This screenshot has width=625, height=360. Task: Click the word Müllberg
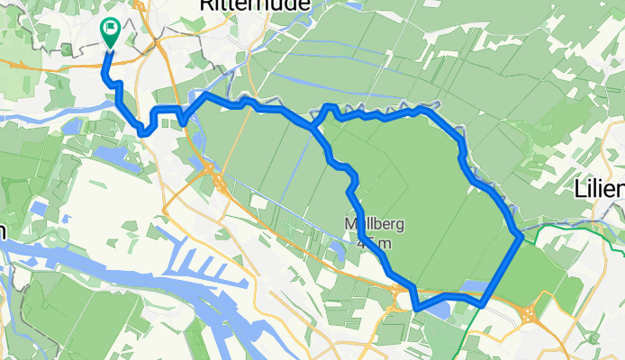coord(371,224)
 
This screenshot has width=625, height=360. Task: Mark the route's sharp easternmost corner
coord(521,236)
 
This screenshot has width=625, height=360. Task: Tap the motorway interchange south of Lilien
coord(529,314)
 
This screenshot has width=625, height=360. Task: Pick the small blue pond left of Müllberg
coord(335,247)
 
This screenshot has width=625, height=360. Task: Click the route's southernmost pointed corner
coord(417,309)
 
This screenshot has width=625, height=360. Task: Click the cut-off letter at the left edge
coord(3,230)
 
